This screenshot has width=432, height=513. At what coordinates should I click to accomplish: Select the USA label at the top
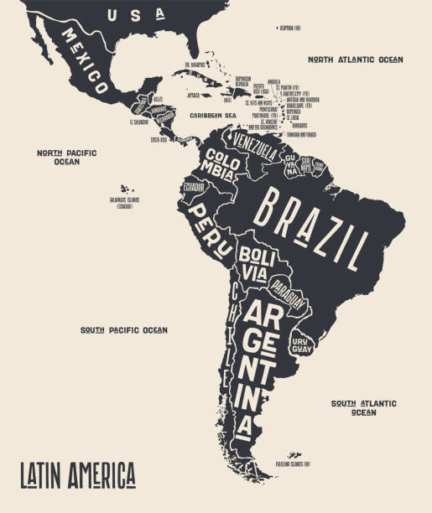[x=126, y=14]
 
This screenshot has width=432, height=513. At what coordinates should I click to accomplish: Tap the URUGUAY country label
[x=300, y=345]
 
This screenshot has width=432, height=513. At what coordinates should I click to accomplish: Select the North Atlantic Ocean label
[x=355, y=60]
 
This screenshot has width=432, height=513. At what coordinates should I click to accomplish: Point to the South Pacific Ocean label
[x=123, y=330]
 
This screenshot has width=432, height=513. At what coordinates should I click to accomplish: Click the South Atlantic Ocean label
[x=364, y=407]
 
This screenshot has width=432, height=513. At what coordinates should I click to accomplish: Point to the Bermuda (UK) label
[x=289, y=28]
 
